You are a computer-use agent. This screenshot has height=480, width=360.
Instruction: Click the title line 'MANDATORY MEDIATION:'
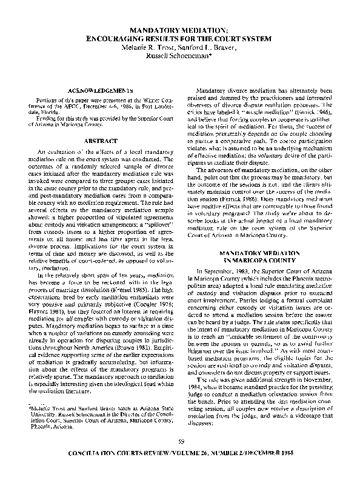180,30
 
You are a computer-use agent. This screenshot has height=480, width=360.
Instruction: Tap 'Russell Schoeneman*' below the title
180,56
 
